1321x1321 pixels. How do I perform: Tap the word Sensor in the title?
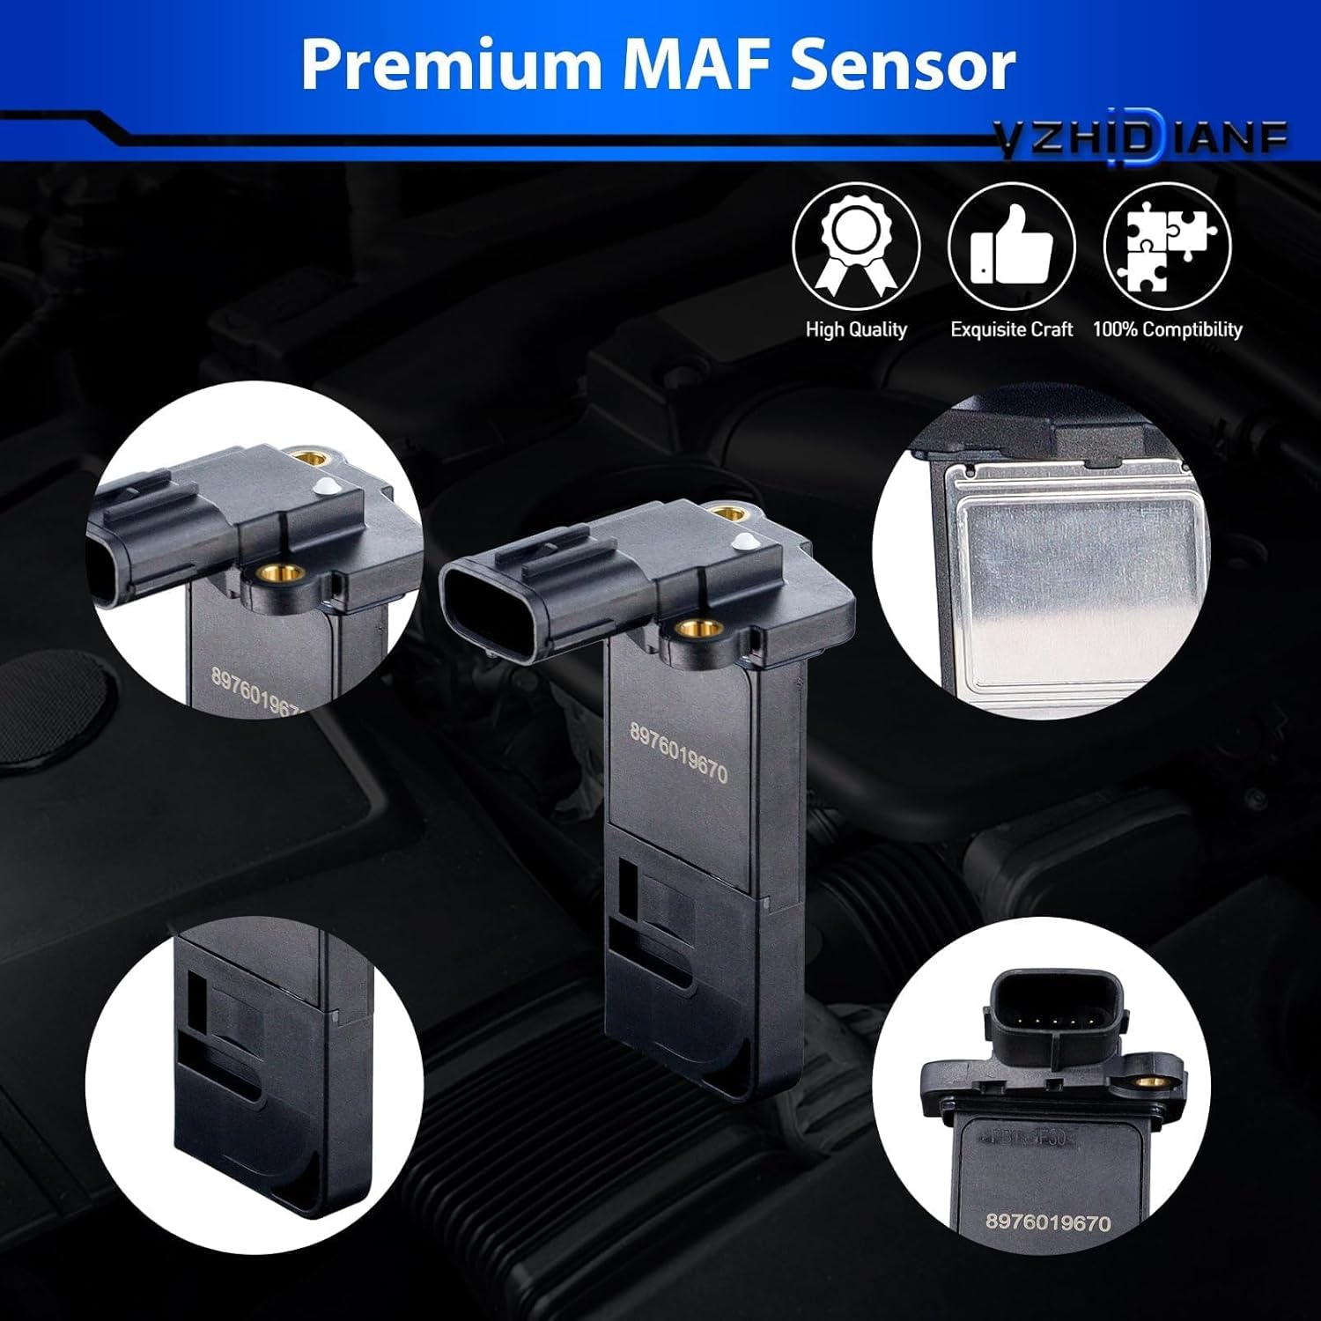(x=903, y=65)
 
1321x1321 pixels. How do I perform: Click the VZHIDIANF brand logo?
(x=1141, y=139)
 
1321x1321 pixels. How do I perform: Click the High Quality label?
(x=856, y=329)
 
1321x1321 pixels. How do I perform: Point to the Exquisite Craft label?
(x=1012, y=329)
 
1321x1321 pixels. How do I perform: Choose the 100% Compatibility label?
(x=1168, y=329)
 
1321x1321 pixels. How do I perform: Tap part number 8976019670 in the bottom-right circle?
(x=1048, y=1222)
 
